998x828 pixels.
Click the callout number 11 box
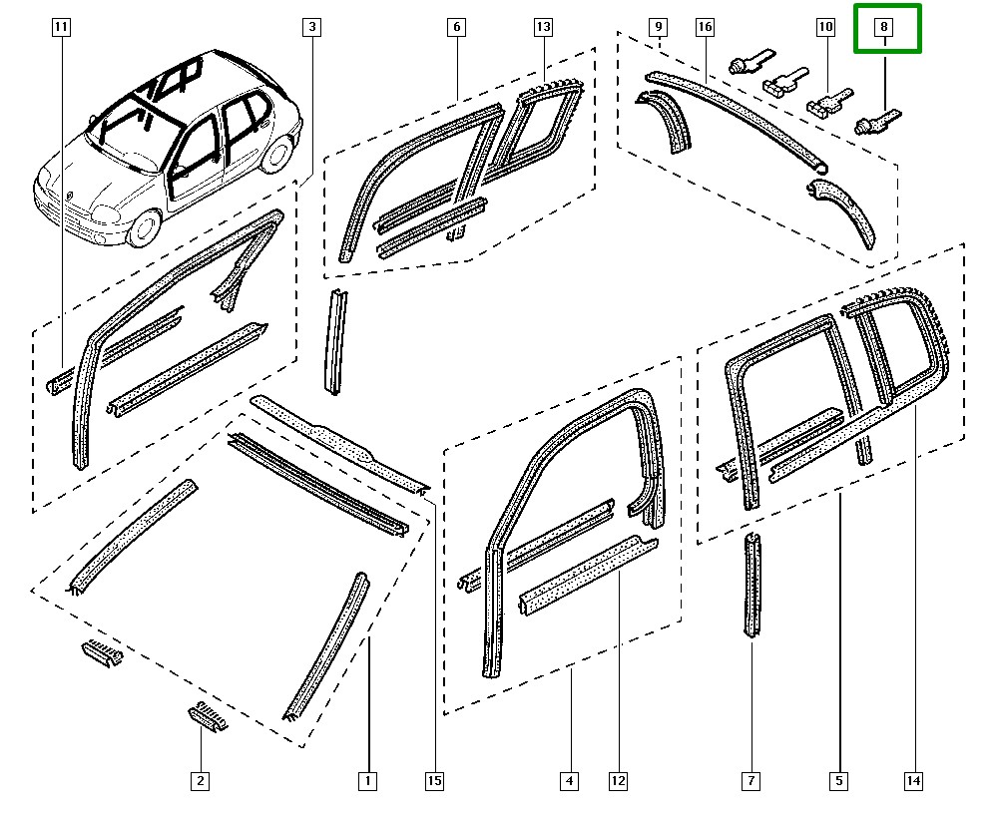(x=62, y=28)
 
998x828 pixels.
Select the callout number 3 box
(x=311, y=28)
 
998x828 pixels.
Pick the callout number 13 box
(x=543, y=28)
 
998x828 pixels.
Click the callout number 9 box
(x=658, y=28)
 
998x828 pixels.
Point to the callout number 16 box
(x=705, y=28)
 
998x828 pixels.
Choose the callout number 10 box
(x=824, y=28)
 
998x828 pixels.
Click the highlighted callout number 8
(x=885, y=28)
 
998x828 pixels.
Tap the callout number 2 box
(x=201, y=781)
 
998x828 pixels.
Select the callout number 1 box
(x=367, y=781)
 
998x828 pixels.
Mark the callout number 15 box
(x=434, y=781)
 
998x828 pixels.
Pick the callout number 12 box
(x=618, y=781)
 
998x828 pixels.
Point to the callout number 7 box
(x=750, y=781)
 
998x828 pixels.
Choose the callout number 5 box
(x=838, y=781)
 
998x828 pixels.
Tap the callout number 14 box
(x=913, y=781)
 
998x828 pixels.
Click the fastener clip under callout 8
(x=874, y=125)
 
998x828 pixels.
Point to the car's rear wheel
(x=279, y=156)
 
